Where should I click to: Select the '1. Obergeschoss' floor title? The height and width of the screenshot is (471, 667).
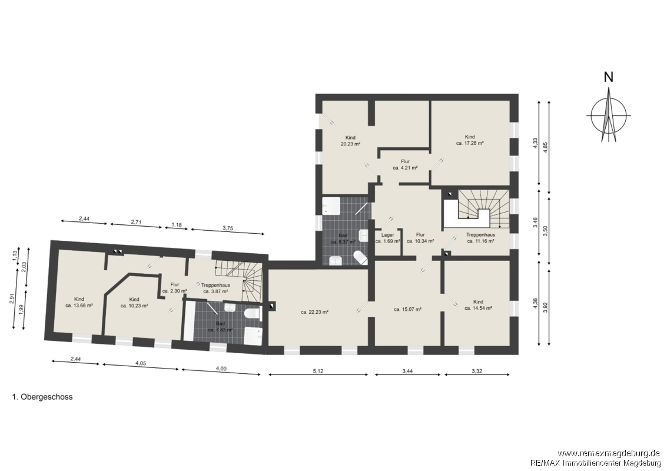pos(42,397)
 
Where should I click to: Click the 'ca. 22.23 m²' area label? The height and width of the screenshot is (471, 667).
pos(315,312)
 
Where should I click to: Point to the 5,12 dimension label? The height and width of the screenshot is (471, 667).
pos(318,371)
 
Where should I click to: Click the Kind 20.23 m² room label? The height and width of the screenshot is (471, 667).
pos(350,141)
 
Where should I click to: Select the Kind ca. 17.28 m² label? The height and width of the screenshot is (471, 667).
pos(470,140)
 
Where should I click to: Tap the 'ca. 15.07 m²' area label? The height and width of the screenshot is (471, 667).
pos(407,309)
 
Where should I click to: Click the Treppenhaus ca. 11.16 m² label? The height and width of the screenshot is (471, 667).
pos(480,237)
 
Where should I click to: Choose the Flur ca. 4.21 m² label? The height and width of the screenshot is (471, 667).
pos(405,165)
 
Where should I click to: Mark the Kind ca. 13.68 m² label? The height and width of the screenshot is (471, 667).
pos(79,302)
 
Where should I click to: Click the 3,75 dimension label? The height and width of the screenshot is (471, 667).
pos(228,228)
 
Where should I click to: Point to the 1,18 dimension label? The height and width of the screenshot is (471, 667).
pos(176,224)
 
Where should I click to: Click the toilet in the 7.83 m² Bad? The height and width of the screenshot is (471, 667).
pos(253,314)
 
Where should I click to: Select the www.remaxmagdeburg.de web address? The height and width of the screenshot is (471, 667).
pos(609,453)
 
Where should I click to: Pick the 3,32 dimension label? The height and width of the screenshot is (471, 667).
pos(477,371)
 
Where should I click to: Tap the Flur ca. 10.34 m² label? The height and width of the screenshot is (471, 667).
pos(420,237)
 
